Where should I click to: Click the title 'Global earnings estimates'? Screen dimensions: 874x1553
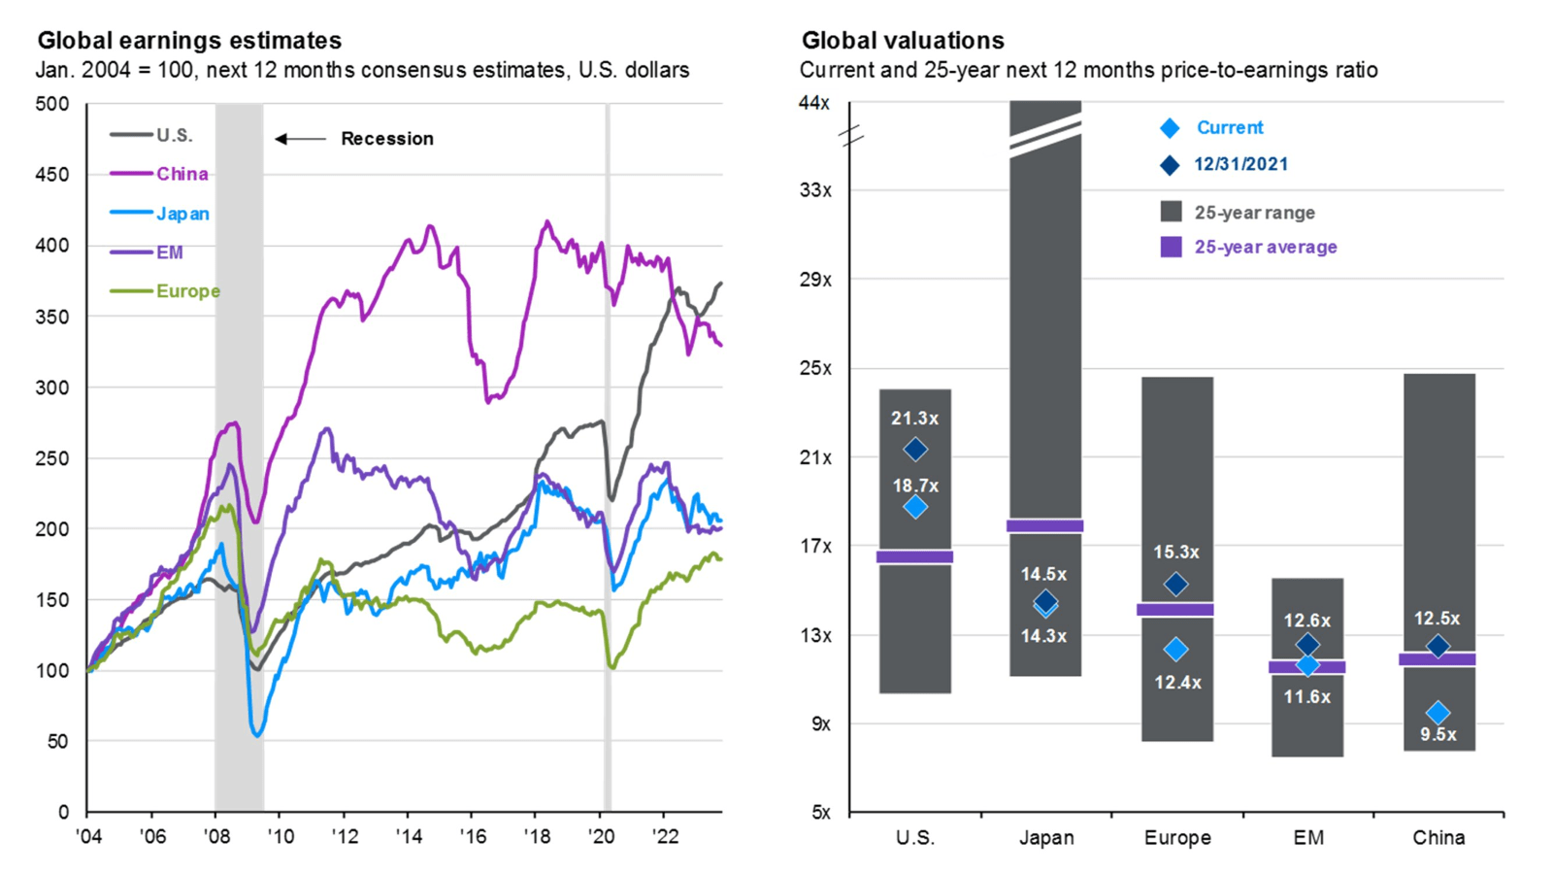click(x=189, y=41)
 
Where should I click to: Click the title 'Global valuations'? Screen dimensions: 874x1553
click(x=902, y=41)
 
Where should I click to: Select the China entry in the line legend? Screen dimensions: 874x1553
click(x=182, y=174)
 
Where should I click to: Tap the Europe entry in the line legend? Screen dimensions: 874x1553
click(x=187, y=291)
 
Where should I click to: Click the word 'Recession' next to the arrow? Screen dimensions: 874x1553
click(x=386, y=139)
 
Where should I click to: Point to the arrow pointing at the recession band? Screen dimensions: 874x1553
click(x=301, y=139)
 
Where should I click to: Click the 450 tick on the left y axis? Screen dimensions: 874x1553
click(x=51, y=175)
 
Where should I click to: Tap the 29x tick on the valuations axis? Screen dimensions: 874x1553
click(x=815, y=280)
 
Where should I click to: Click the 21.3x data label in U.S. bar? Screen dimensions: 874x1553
click(x=914, y=419)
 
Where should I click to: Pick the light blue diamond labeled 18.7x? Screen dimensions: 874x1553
click(x=914, y=507)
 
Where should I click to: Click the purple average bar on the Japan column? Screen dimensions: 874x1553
click(x=1044, y=525)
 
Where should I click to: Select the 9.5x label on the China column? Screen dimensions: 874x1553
click(x=1437, y=735)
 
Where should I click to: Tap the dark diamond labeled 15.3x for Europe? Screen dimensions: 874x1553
click(x=1175, y=585)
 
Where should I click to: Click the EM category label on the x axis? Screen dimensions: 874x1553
click(x=1307, y=837)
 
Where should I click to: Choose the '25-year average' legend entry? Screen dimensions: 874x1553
click(x=1265, y=248)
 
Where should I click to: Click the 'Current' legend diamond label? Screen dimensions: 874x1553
click(x=1229, y=128)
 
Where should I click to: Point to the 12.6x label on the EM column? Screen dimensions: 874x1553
click(x=1306, y=621)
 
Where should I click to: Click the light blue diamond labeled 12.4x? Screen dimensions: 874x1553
click(x=1175, y=650)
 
